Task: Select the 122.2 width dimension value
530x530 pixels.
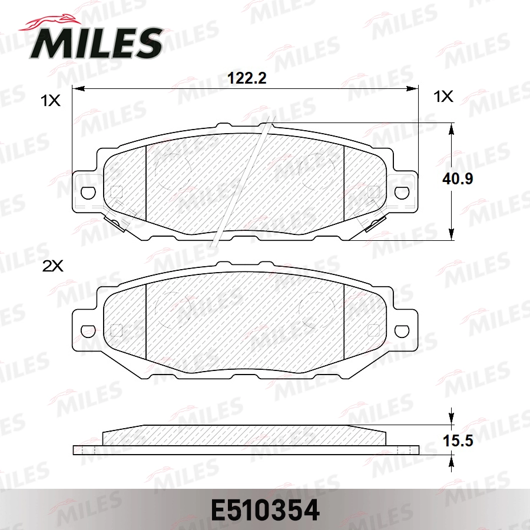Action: [x=247, y=78]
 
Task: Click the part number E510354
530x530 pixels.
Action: [x=264, y=510]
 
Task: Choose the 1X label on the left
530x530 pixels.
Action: [x=51, y=101]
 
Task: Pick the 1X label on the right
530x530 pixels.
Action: [x=443, y=97]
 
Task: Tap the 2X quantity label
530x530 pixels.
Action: [x=52, y=266]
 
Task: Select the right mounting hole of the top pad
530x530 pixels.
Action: [x=403, y=193]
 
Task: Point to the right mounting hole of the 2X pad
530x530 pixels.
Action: [x=403, y=330]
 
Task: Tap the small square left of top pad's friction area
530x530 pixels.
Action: [x=116, y=191]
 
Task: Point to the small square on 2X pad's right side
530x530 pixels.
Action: [x=373, y=330]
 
